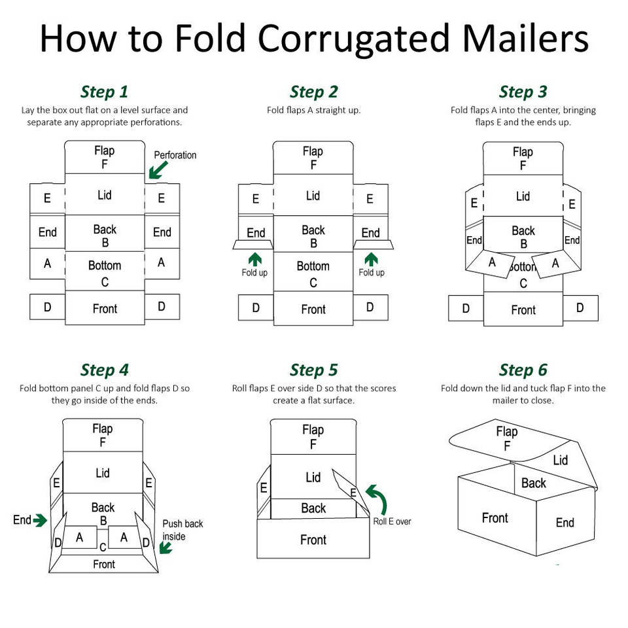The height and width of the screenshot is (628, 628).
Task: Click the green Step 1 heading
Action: tap(104, 92)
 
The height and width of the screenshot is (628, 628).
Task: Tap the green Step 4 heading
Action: tap(104, 370)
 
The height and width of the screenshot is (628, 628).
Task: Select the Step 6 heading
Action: tap(523, 370)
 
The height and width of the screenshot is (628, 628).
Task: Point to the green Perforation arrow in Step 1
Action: tap(158, 169)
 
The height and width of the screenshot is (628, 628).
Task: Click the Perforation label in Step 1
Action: tap(175, 155)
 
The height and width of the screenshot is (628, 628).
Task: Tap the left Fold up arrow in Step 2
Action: tap(255, 259)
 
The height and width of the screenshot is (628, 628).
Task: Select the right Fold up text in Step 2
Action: tap(372, 273)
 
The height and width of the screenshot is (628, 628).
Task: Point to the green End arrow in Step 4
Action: tap(40, 520)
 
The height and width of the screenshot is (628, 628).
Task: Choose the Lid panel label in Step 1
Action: tap(104, 195)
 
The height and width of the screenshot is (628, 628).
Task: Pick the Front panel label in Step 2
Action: tap(313, 309)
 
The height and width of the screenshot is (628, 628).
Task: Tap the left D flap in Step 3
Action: tap(466, 308)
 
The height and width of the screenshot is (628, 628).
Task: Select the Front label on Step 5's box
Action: tap(313, 540)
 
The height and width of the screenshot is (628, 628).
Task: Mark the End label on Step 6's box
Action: tap(565, 522)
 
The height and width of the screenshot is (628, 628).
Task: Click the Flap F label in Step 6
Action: tap(506, 438)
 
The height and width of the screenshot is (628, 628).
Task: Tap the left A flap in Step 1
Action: tap(47, 264)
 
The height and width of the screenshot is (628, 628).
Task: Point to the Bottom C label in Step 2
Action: tap(313, 274)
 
